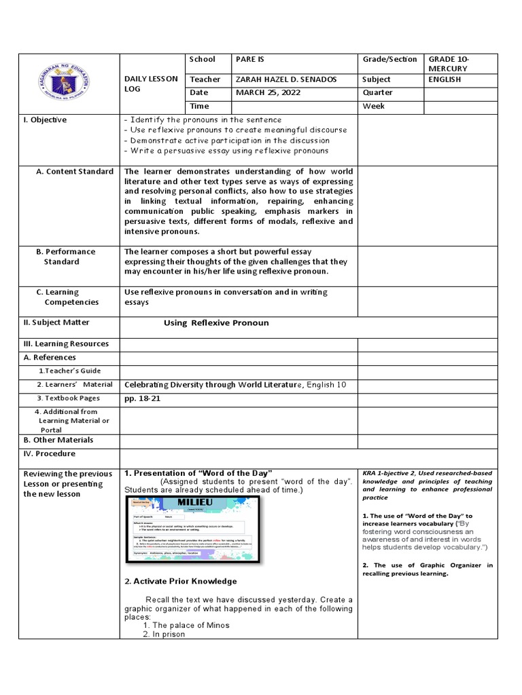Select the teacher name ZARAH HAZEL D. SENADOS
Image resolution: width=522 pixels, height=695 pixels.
tap(286, 79)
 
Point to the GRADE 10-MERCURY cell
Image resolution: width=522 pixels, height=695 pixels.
tap(449, 64)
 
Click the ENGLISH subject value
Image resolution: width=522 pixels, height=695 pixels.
tap(445, 79)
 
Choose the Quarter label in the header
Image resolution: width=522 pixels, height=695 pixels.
tap(378, 92)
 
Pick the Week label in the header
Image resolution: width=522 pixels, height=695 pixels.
tap(374, 106)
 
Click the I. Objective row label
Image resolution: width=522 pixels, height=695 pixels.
tap(45, 120)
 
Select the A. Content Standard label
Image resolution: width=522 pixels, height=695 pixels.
tap(75, 172)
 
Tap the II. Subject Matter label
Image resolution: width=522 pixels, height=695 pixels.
tap(56, 322)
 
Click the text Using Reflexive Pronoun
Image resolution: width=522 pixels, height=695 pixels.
tap(216, 323)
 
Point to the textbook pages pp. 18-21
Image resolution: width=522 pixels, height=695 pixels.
tap(141, 398)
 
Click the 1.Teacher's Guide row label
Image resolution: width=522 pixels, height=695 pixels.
tap(69, 371)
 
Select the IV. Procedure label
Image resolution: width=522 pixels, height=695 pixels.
tap(50, 453)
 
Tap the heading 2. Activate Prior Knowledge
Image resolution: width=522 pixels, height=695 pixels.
tap(180, 581)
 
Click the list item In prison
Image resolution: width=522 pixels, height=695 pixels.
tap(169, 635)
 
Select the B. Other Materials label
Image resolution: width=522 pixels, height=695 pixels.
tap(58, 440)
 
